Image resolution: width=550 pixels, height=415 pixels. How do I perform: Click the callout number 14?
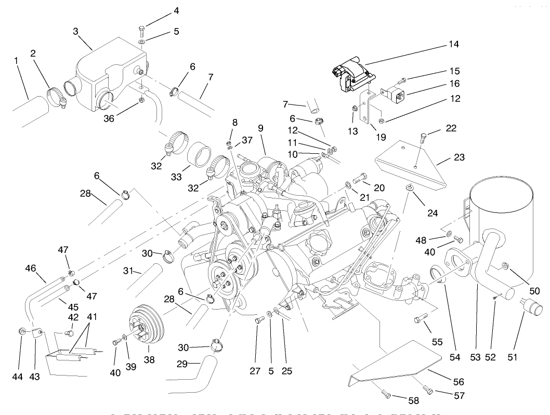coord(454,44)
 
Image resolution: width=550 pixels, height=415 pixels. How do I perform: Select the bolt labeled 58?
coord(386,393)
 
